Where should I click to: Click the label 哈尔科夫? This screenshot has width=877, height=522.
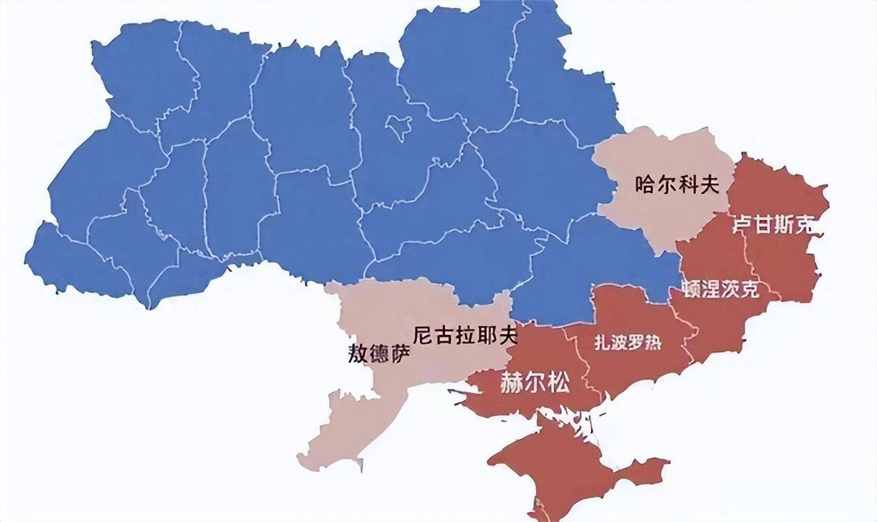point(677,185)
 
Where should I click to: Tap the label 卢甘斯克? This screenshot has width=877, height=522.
point(773,225)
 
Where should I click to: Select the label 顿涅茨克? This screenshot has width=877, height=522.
point(720,289)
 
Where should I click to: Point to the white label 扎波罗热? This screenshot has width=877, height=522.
point(628,343)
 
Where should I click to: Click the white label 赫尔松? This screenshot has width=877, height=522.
point(535,383)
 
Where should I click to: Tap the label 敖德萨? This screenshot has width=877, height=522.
point(380,354)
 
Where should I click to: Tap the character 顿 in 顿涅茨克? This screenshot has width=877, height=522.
point(691,289)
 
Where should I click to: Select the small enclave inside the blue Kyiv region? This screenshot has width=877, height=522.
point(398,126)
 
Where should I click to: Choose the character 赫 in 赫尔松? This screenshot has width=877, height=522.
point(511,383)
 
